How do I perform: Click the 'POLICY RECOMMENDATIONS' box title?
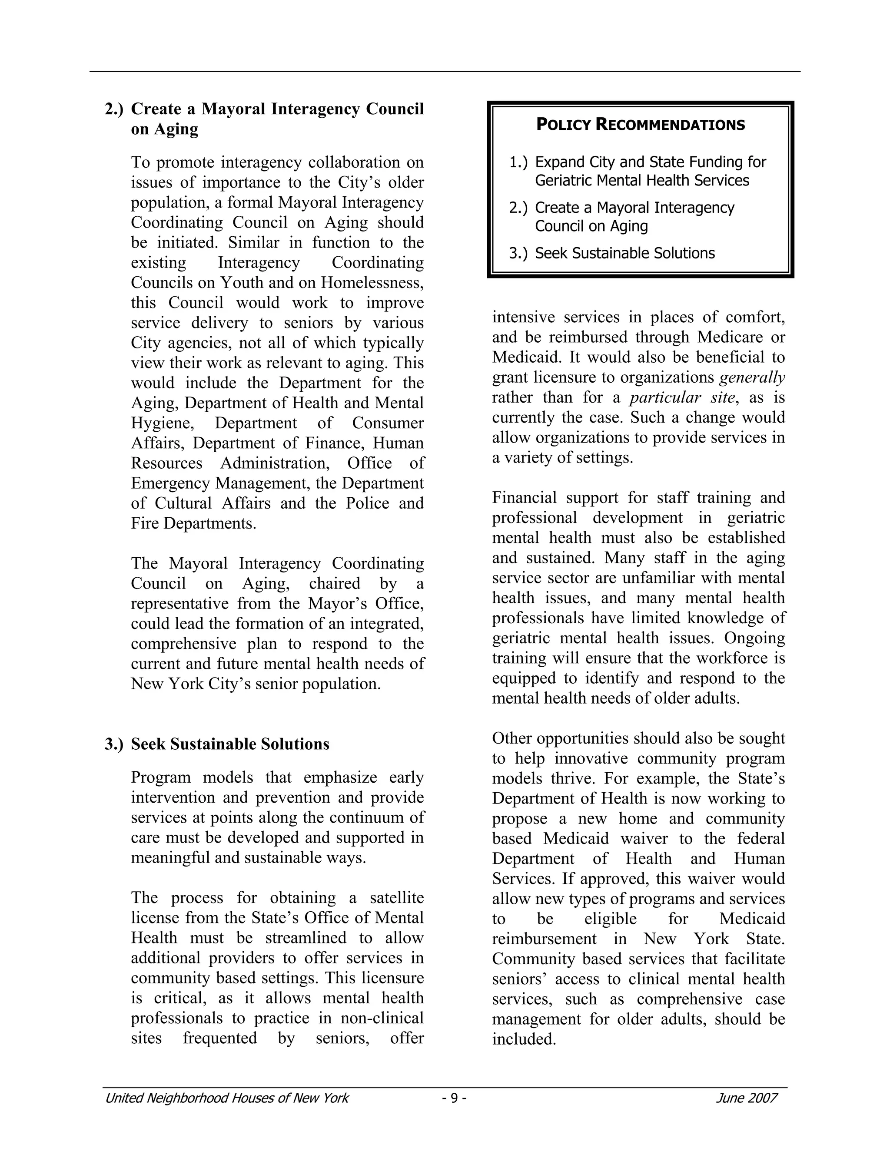tap(640, 125)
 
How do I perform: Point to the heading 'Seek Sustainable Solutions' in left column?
tap(230, 744)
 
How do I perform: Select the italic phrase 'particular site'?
tap(682, 397)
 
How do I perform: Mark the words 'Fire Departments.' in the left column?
tap(193, 523)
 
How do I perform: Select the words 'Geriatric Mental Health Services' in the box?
tap(642, 181)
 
